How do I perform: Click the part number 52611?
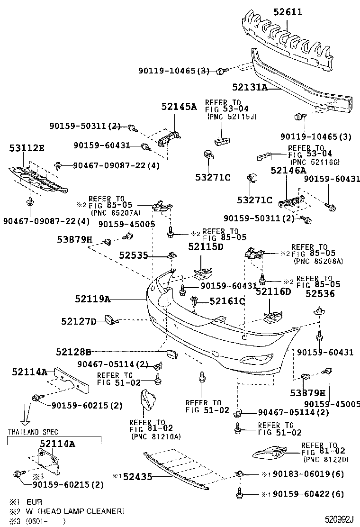click(288, 12)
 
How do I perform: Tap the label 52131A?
click(250, 87)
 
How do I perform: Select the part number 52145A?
click(179, 107)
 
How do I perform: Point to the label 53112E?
click(27, 148)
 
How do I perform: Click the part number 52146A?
click(288, 171)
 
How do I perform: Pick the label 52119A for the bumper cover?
click(93, 299)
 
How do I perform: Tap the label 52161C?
click(227, 301)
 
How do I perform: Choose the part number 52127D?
click(79, 322)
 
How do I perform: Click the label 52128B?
click(73, 352)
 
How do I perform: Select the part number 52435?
click(138, 477)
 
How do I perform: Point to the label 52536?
click(320, 294)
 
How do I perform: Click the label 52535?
click(134, 256)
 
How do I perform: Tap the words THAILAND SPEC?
click(33, 432)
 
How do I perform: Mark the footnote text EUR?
click(34, 502)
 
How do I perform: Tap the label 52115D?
click(206, 247)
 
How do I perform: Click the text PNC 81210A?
click(156, 436)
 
